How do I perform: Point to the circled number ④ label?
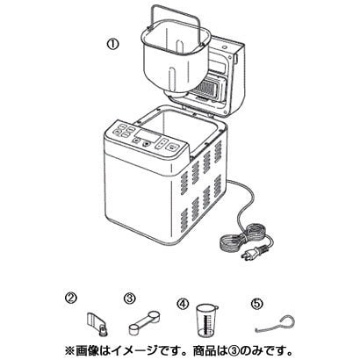click(183, 304)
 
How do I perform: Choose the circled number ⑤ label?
click(256, 304)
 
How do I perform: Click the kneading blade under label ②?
click(97, 324)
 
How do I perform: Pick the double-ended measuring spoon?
click(143, 324)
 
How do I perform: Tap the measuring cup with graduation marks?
click(207, 320)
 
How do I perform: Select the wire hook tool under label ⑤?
click(274, 324)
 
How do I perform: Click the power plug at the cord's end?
click(255, 253)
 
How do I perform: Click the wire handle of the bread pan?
click(176, 18)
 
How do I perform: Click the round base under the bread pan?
click(176, 96)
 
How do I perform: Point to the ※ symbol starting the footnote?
click(69, 350)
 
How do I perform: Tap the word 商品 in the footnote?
click(203, 350)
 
